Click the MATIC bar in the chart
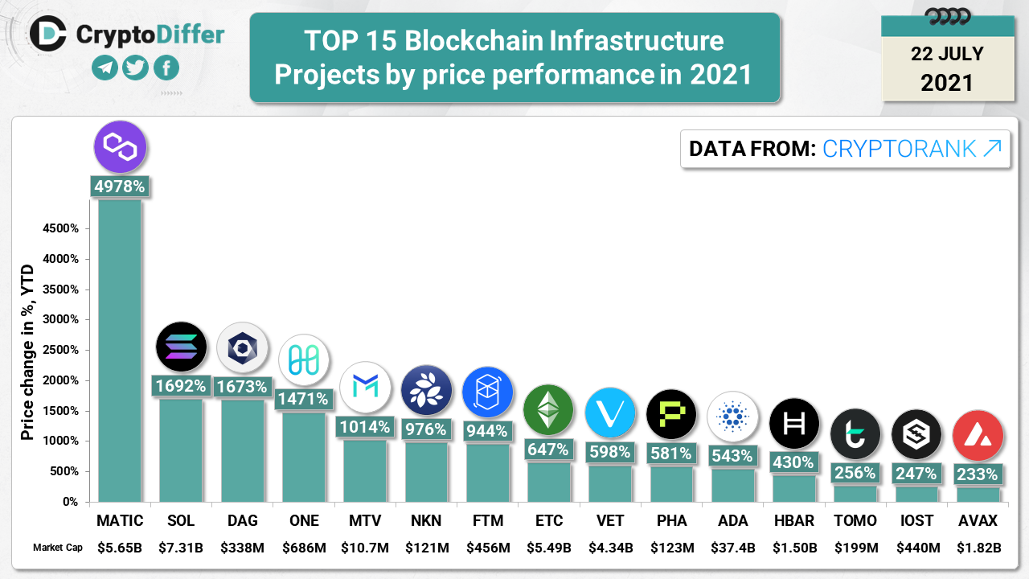[120, 351]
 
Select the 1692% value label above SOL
[181, 386]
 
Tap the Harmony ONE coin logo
[304, 359]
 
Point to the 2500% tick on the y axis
[60, 350]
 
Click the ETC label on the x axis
[548, 521]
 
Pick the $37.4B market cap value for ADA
[732, 548]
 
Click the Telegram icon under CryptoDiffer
[105, 68]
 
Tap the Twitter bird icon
[136, 68]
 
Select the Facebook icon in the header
[166, 68]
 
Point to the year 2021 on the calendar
[947, 82]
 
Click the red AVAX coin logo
[978, 435]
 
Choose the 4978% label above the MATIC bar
[120, 187]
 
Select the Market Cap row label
[58, 548]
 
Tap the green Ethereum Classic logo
[548, 410]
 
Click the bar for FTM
[487, 473]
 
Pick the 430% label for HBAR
[793, 462]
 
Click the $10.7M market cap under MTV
[364, 548]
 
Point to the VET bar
[609, 484]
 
